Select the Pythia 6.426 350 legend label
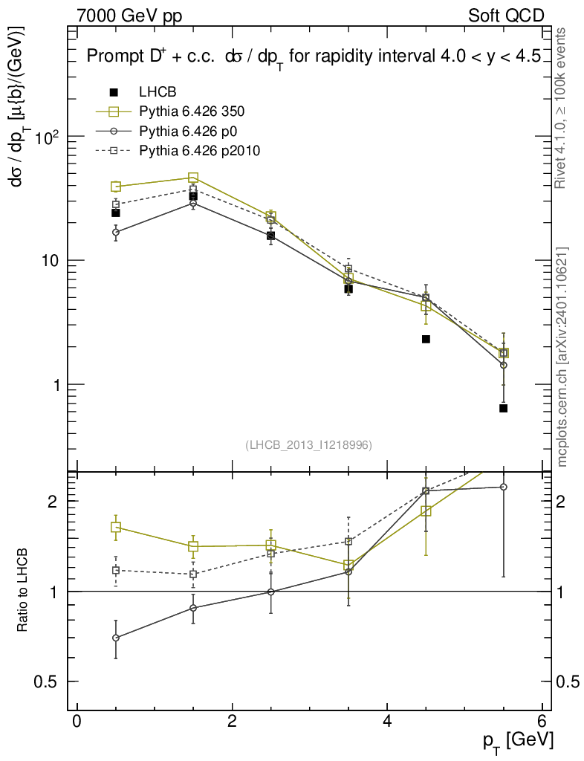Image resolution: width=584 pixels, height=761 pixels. point(192,112)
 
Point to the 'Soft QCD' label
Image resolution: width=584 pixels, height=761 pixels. point(507,16)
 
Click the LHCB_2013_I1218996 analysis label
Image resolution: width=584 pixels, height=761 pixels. point(308,444)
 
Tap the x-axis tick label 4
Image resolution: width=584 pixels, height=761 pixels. point(387,722)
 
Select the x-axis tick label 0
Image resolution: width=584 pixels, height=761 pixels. point(77,722)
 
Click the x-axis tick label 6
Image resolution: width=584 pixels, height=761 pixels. point(542,722)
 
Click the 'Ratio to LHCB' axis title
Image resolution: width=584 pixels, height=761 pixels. point(24,591)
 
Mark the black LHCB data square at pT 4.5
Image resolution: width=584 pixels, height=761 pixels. point(426,339)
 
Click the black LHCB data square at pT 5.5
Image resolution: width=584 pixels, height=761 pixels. point(503,408)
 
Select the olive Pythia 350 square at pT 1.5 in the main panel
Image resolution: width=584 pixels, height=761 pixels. point(193,178)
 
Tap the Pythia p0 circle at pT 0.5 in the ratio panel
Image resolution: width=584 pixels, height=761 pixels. point(116,638)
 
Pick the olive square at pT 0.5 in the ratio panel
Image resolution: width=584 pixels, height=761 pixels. point(116,527)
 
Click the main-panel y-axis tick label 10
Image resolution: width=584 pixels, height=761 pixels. point(54,261)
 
